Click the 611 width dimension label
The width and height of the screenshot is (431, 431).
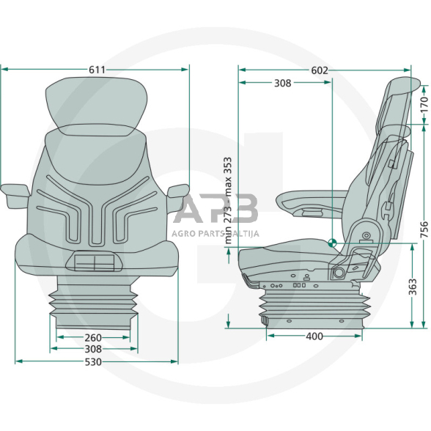click(x=97, y=70)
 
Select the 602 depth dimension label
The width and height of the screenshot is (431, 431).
click(x=320, y=70)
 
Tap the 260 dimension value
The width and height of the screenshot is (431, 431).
click(x=93, y=337)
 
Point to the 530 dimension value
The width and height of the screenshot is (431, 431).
click(x=93, y=362)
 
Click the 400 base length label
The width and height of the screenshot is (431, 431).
click(x=314, y=336)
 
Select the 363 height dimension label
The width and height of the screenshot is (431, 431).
click(x=412, y=287)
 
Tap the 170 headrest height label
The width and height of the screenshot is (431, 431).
click(x=424, y=104)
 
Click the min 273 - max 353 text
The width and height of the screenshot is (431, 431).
click(x=228, y=200)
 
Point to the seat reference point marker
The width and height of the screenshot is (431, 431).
click(x=332, y=243)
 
